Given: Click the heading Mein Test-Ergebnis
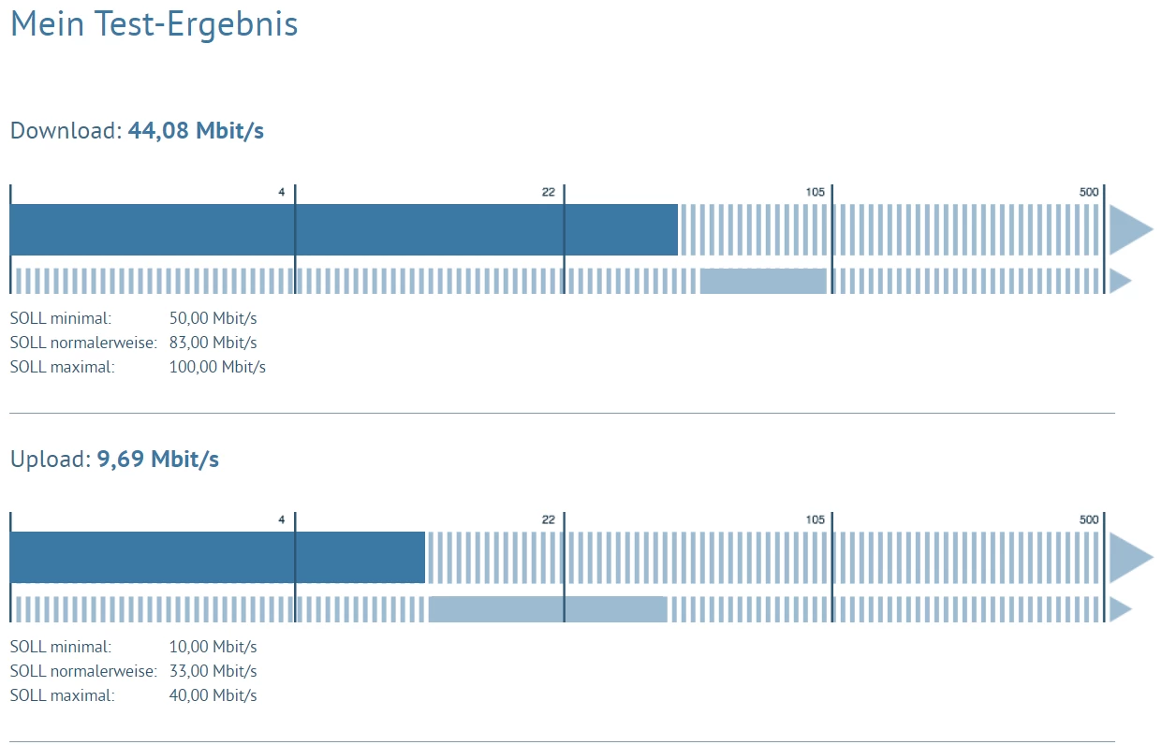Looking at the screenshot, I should [154, 24].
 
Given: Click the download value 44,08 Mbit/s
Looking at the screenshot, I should [196, 131].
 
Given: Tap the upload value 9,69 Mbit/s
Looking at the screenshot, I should [158, 460].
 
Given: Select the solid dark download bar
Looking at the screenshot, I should [344, 229].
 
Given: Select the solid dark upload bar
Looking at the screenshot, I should [217, 558].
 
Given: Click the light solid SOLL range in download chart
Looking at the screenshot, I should [763, 281].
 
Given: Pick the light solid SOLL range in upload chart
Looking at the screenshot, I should [548, 609].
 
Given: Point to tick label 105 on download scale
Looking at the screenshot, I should [815, 193].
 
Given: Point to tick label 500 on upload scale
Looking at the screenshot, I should [1088, 520].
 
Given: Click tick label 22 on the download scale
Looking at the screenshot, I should [548, 193].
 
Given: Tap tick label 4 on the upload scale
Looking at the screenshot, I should [281, 520].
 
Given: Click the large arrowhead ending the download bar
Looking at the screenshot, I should [1129, 229].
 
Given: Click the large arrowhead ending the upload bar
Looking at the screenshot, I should [1129, 558].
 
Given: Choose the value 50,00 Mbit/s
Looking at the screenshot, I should [213, 318].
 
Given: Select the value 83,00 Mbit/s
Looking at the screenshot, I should [213, 343].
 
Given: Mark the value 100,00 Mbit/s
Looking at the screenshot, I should [217, 367].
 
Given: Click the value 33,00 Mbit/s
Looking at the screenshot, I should [213, 671].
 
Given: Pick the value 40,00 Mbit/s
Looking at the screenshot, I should [213, 695].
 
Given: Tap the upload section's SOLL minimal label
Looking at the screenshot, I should [61, 647].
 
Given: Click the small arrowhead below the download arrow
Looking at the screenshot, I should [1120, 281].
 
